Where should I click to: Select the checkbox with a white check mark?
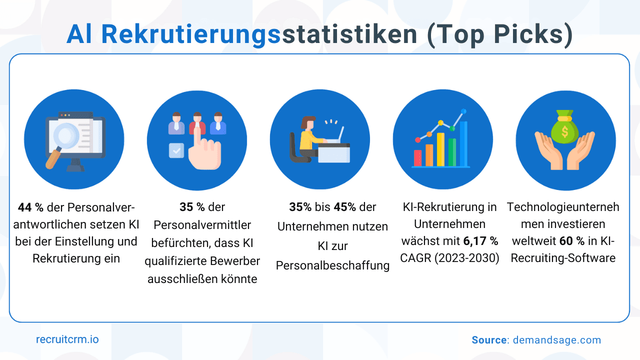click(176, 150)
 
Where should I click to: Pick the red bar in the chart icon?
click(417, 157)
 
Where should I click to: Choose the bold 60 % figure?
click(571, 241)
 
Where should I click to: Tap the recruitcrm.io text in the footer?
click(67, 339)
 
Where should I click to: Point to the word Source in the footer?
click(489, 340)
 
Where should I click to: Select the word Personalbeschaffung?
click(332, 265)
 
